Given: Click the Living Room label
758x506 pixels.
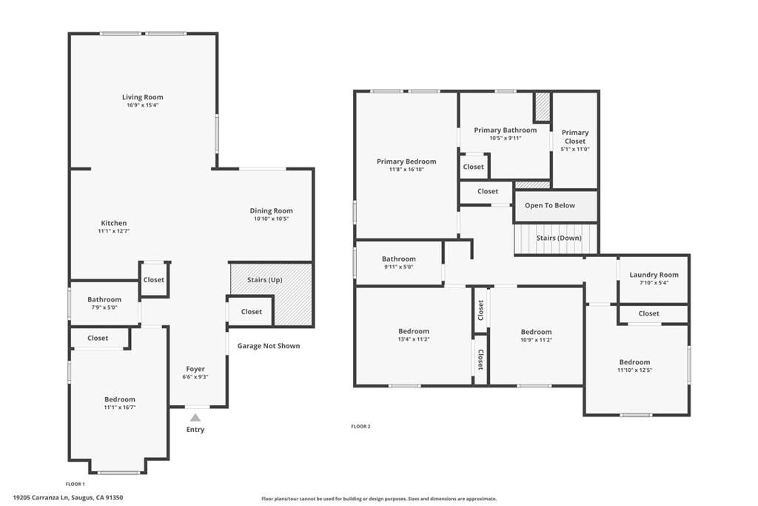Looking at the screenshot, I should (x=143, y=97).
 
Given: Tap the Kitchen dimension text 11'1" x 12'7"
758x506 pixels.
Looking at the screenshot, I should (x=113, y=232).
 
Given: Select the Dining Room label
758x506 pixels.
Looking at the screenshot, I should (x=271, y=211).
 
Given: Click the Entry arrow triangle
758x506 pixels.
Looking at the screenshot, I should (x=195, y=418).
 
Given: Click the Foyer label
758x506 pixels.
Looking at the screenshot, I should (x=195, y=369).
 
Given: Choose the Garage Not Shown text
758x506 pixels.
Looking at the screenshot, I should (x=269, y=346).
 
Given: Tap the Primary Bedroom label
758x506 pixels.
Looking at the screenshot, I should (x=406, y=162).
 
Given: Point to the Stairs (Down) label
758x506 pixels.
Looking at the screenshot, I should (x=559, y=238).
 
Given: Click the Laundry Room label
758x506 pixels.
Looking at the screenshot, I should (x=654, y=275).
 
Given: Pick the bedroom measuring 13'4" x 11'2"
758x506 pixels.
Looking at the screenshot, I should (x=413, y=336).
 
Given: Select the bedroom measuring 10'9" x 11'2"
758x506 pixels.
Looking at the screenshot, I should (x=536, y=336).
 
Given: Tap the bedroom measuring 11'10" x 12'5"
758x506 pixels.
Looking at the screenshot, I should (x=635, y=366).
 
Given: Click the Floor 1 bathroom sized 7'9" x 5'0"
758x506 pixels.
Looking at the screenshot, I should (x=104, y=304).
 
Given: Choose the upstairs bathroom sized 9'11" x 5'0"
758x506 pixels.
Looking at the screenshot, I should (x=399, y=263).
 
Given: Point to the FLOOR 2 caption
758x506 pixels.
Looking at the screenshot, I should (x=360, y=426).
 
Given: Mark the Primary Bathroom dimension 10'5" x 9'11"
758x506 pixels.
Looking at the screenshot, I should (x=506, y=138).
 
